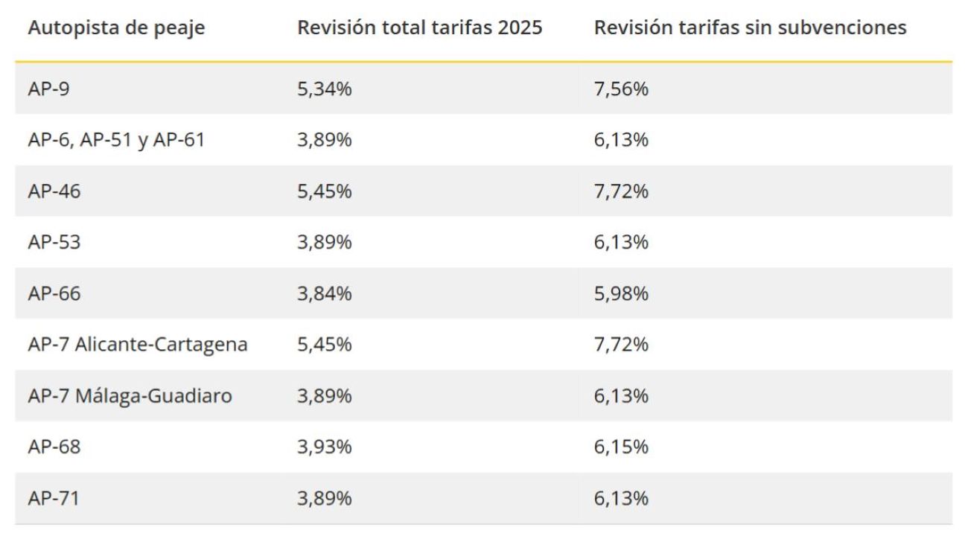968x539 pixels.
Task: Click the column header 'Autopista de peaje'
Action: click(x=116, y=28)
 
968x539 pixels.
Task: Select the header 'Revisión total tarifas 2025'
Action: click(x=420, y=28)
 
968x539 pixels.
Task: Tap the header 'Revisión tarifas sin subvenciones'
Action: click(x=750, y=28)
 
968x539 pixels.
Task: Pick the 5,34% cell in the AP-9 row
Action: click(x=324, y=89)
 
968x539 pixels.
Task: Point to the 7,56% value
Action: click(x=621, y=89)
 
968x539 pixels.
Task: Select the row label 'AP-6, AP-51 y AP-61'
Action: click(x=116, y=140)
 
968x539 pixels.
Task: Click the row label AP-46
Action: click(x=54, y=191)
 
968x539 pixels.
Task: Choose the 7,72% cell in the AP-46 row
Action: click(x=621, y=191)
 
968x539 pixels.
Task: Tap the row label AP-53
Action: click(x=54, y=243)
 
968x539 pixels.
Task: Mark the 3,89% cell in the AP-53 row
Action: click(x=324, y=243)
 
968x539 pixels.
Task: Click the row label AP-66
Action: click(x=54, y=294)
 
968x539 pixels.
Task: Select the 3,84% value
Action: click(x=324, y=294)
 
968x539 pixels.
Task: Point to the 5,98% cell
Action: click(x=621, y=294)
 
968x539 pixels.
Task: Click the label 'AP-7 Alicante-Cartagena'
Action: click(x=138, y=345)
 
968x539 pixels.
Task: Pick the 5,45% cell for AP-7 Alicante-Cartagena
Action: click(x=324, y=345)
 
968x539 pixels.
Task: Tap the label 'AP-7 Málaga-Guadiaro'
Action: click(x=130, y=396)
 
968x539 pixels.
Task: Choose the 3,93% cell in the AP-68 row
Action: click(x=324, y=447)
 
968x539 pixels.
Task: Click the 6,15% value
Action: click(x=621, y=447)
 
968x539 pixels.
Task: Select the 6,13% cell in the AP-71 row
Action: click(x=621, y=498)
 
